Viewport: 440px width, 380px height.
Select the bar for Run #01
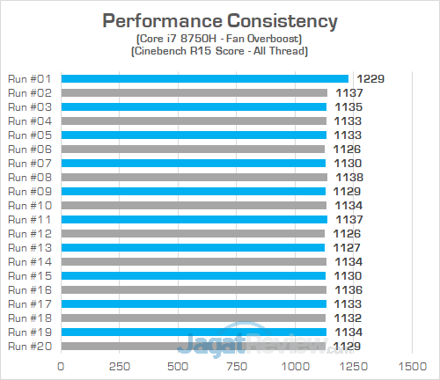[204, 79]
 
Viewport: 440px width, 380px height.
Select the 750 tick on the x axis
[237, 365]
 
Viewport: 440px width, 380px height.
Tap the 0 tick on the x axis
[61, 365]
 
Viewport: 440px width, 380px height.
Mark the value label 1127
[348, 247]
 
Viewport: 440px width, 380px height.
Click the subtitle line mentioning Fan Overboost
[219, 40]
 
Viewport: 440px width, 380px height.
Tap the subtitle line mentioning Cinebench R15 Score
[219, 53]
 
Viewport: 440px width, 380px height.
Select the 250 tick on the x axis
[120, 365]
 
